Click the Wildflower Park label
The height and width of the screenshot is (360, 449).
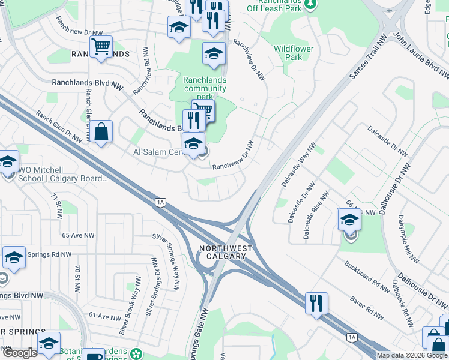coord(293,53)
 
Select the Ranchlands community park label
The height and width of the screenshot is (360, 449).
coord(205,88)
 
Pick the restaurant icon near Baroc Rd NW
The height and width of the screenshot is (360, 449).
coord(316,302)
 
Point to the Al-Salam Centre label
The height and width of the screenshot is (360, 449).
coord(158,152)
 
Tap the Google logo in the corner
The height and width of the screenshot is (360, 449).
coord(20,353)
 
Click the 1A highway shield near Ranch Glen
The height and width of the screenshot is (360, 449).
coord(160,202)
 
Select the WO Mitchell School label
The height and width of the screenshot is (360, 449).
coord(62,174)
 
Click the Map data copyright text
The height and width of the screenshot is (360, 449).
coord(412,355)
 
